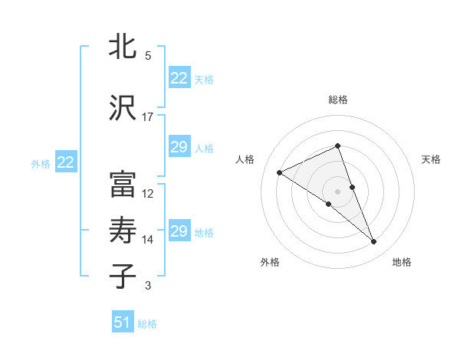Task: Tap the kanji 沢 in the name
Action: click(123, 108)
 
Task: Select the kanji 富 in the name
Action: click(123, 185)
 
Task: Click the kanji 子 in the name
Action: click(123, 276)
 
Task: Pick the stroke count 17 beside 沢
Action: click(148, 117)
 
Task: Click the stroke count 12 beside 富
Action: click(148, 194)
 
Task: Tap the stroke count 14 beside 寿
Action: click(148, 240)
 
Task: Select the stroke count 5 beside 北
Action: click(148, 56)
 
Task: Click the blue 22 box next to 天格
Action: click(179, 78)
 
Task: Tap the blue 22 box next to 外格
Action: click(65, 162)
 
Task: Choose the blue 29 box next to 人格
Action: click(179, 147)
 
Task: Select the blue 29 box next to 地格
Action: click(179, 231)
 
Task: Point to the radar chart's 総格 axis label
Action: click(337, 100)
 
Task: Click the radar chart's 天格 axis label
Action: click(431, 159)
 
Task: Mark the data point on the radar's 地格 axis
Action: click(374, 242)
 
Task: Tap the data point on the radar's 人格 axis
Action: click(279, 172)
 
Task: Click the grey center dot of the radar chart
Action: click(337, 191)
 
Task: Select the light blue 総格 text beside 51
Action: click(147, 324)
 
